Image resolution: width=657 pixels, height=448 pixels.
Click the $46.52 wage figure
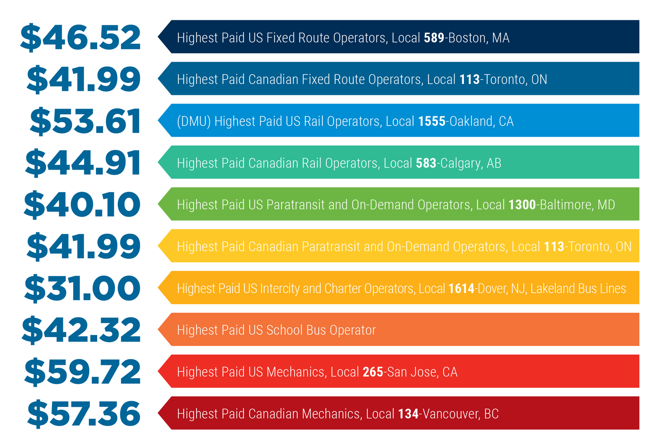81,38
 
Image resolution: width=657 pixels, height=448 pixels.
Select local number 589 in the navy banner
434,38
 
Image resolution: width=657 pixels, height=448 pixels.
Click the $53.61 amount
85,121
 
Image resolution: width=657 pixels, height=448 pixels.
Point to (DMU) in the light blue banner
194,122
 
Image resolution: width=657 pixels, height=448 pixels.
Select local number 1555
431,122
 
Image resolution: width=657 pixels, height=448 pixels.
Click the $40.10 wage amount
82,205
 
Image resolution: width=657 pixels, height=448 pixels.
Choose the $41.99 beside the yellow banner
84,247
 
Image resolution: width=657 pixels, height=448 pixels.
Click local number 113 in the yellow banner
554,247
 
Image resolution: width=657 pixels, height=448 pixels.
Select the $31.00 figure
82,288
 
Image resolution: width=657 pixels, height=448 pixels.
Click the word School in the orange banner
284,330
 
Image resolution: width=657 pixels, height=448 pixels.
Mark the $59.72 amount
82,372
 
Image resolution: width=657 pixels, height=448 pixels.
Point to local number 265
373,372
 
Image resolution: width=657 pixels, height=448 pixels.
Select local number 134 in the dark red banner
408,414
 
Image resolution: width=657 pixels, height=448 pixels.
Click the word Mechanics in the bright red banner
296,372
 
